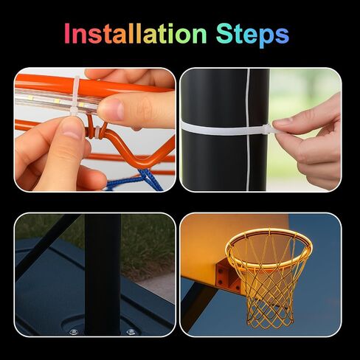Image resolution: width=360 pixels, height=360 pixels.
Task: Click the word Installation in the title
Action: click(135, 33)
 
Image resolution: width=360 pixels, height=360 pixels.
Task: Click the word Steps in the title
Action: click(252, 35)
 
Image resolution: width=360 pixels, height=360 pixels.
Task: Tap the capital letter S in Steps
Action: click(224, 33)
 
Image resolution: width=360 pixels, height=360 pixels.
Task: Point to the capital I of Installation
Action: click(66, 33)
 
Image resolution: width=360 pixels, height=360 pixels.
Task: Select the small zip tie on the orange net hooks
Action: click(97, 132)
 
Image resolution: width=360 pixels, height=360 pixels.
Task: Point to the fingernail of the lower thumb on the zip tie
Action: click(72, 128)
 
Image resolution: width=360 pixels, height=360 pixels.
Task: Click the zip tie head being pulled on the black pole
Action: click(267, 128)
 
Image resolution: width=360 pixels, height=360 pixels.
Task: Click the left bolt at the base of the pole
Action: click(73, 332)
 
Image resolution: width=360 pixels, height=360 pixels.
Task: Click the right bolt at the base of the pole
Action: click(131, 332)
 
